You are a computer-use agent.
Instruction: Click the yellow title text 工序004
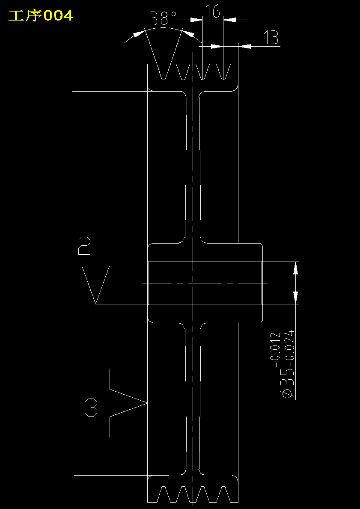tap(41, 15)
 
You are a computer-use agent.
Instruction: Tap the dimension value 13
tap(271, 38)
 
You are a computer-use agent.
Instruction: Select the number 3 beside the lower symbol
tap(91, 408)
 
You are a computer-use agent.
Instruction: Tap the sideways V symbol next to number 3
tap(128, 403)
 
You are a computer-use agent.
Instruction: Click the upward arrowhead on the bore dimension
tap(295, 268)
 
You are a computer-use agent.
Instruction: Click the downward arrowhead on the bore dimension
tap(295, 298)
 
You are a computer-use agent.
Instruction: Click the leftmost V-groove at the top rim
tap(164, 72)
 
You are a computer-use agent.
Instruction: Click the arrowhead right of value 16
tap(229, 20)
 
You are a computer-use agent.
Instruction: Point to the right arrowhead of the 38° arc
tap(188, 34)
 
